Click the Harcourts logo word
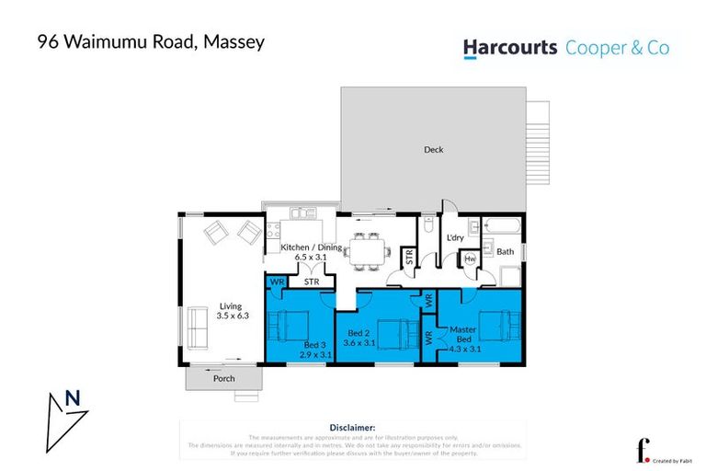pos(509,47)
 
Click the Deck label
pos(434,149)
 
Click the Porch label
pos(223,378)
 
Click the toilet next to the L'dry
pos(429,225)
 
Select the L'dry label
pos(454,239)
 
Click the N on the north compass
pos(70,399)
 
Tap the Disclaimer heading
pos(352,427)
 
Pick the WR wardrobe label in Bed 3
pos(276,282)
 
